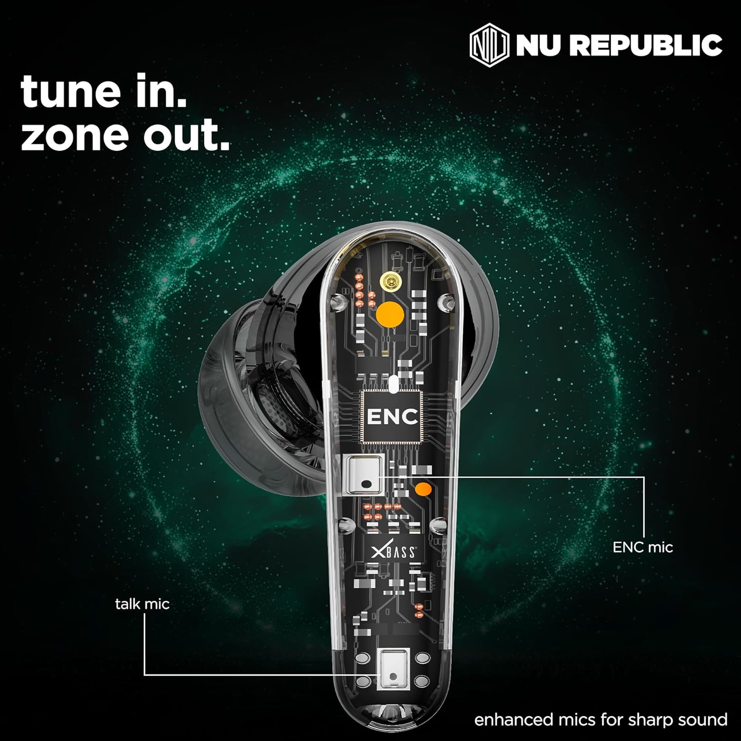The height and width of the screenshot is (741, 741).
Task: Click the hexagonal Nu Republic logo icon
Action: [x=489, y=46]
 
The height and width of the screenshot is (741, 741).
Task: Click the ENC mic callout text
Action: [x=643, y=547]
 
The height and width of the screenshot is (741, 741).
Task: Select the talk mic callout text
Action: [x=142, y=604]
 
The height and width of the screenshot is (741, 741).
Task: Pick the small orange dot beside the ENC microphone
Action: [x=422, y=490]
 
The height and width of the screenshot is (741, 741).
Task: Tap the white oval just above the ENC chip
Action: [x=393, y=384]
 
